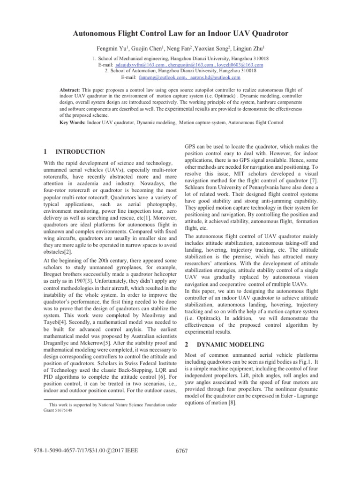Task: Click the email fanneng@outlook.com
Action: pyautogui.click(x=160, y=77)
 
